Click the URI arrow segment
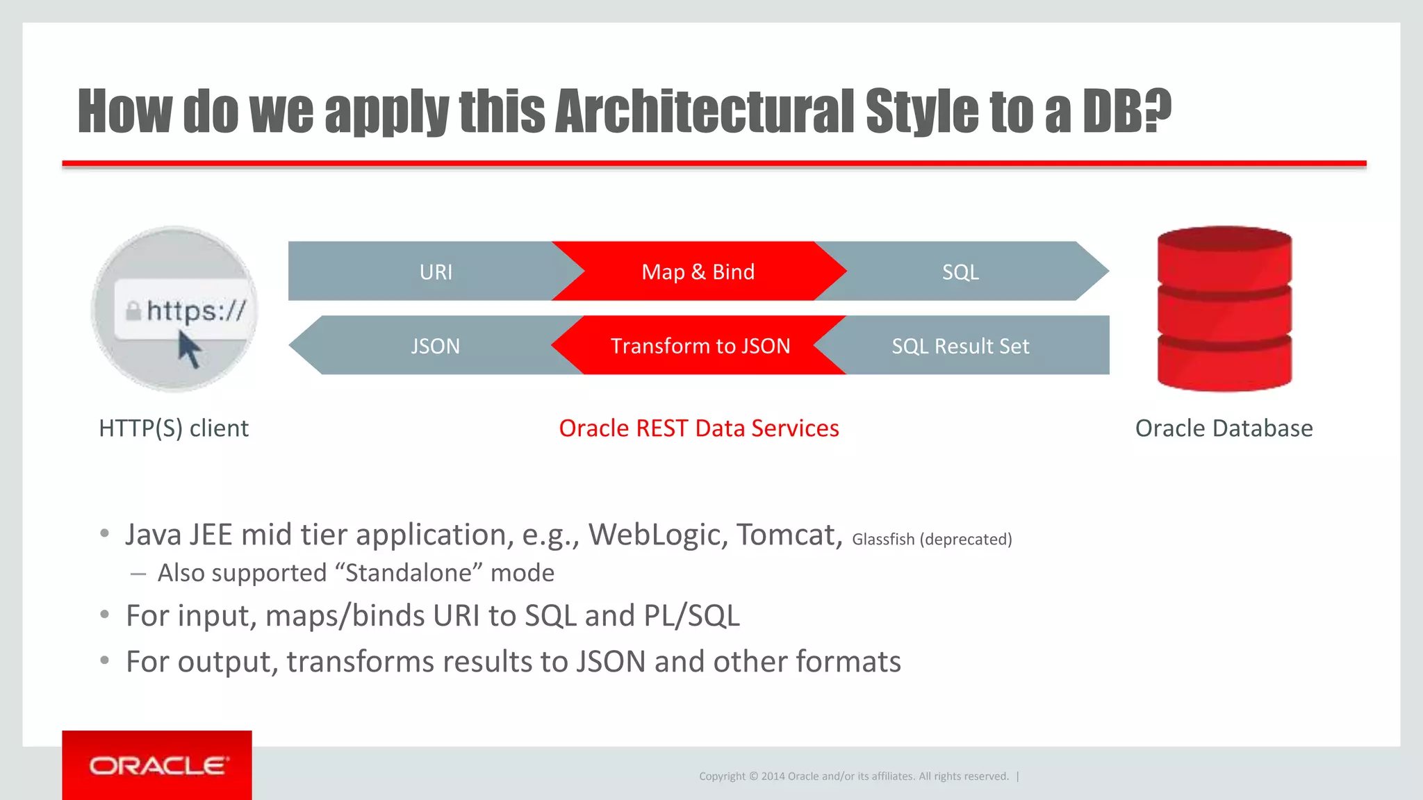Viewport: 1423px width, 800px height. pos(436,272)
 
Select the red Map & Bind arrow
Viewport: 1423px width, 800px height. pos(698,272)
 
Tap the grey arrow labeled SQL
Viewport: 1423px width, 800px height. pos(960,272)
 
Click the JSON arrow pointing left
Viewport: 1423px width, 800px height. pos(435,346)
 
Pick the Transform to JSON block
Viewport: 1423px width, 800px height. pos(700,346)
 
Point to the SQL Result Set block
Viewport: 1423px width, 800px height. pos(960,346)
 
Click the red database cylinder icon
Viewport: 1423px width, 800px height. pos(1224,309)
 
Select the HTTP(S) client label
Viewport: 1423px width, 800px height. pos(174,428)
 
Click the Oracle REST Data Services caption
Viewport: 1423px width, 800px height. pos(699,428)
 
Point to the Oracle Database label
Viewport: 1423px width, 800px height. pos(1224,428)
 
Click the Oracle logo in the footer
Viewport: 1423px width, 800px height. pos(158,766)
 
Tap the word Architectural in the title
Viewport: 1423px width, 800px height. pos(705,111)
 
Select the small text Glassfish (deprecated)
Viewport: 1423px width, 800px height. pos(932,540)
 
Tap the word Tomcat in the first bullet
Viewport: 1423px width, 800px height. pos(789,535)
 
